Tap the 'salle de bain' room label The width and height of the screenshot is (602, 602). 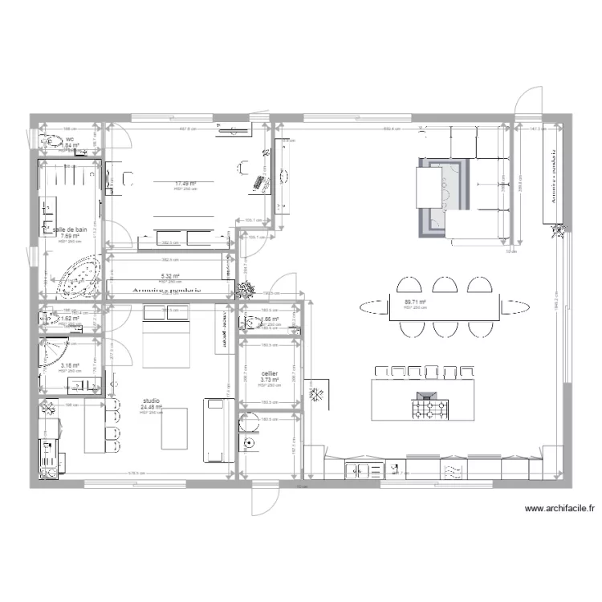(x=69, y=229)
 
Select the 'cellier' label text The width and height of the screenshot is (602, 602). (x=270, y=373)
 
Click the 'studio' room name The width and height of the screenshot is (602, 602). (x=151, y=400)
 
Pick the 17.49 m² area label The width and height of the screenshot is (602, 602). (x=185, y=184)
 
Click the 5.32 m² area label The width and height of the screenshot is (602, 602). (x=169, y=275)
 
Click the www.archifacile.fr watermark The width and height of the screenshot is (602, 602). (x=559, y=508)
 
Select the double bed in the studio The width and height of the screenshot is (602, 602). (x=166, y=337)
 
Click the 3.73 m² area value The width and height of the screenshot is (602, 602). (x=270, y=380)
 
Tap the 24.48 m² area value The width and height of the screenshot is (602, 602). (x=151, y=407)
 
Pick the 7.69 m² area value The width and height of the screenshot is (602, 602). (x=69, y=236)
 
